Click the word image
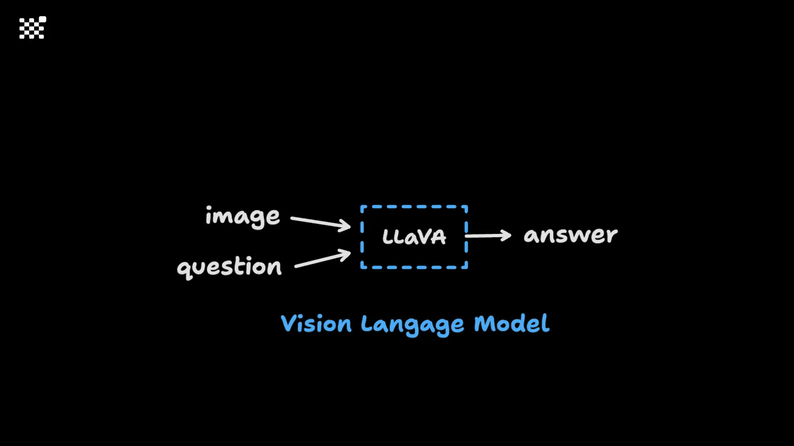[242, 217]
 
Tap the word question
[229, 267]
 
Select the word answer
[570, 235]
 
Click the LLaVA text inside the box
[414, 237]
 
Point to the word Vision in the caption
[316, 324]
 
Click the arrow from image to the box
[320, 222]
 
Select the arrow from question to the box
[323, 259]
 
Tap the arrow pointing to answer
[488, 235]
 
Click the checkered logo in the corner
[33, 28]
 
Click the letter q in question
[184, 269]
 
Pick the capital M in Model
[484, 323]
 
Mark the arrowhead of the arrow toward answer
[506, 235]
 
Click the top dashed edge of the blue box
[414, 207]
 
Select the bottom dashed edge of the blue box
[414, 267]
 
